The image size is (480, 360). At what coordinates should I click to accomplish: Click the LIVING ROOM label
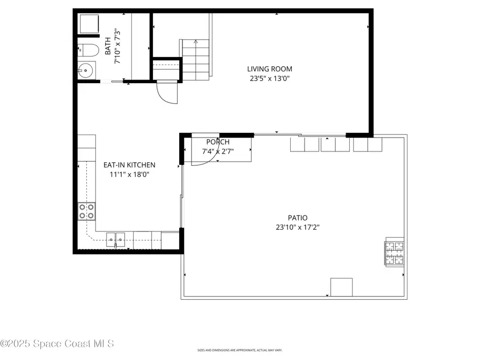click(269, 69)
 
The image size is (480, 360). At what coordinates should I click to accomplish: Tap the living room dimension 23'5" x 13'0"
click(269, 78)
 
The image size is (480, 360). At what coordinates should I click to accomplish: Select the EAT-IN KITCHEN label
click(129, 165)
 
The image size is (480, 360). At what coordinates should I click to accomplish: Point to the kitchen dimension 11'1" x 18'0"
click(129, 174)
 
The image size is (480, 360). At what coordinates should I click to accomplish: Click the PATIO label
click(298, 218)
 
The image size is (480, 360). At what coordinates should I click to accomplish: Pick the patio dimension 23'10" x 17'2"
click(298, 227)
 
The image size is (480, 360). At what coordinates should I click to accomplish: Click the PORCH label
click(218, 142)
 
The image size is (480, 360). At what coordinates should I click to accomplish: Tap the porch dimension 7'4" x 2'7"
click(218, 152)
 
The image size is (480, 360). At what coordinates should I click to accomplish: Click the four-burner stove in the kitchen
click(86, 212)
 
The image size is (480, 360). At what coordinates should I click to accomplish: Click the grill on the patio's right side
click(395, 253)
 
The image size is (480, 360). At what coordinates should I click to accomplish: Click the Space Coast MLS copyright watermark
click(57, 344)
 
